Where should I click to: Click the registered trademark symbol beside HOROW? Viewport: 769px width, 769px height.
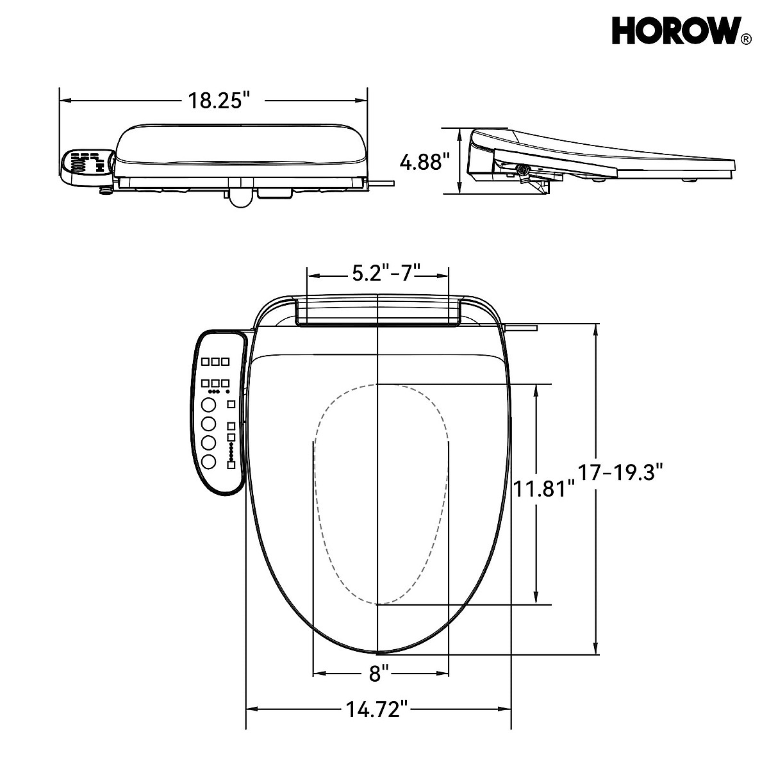pos(745,40)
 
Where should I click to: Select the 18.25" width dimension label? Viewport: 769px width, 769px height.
pos(217,101)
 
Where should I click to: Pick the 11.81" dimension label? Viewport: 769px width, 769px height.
pos(543,489)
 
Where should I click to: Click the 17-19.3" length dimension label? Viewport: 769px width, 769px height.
pos(619,474)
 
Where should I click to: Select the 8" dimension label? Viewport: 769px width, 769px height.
pos(379,674)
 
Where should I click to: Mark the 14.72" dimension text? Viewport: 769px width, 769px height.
pos(377,709)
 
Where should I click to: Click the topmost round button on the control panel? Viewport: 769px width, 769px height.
pos(208,405)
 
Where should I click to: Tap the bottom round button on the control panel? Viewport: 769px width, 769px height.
pos(208,462)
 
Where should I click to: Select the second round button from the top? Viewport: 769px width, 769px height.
pos(208,424)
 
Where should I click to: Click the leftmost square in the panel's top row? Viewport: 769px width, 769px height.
pos(205,362)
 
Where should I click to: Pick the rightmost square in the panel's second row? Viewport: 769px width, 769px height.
pos(225,383)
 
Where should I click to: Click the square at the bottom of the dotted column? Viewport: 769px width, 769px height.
pos(231,465)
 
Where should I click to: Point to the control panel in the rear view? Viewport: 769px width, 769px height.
pos(87,167)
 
